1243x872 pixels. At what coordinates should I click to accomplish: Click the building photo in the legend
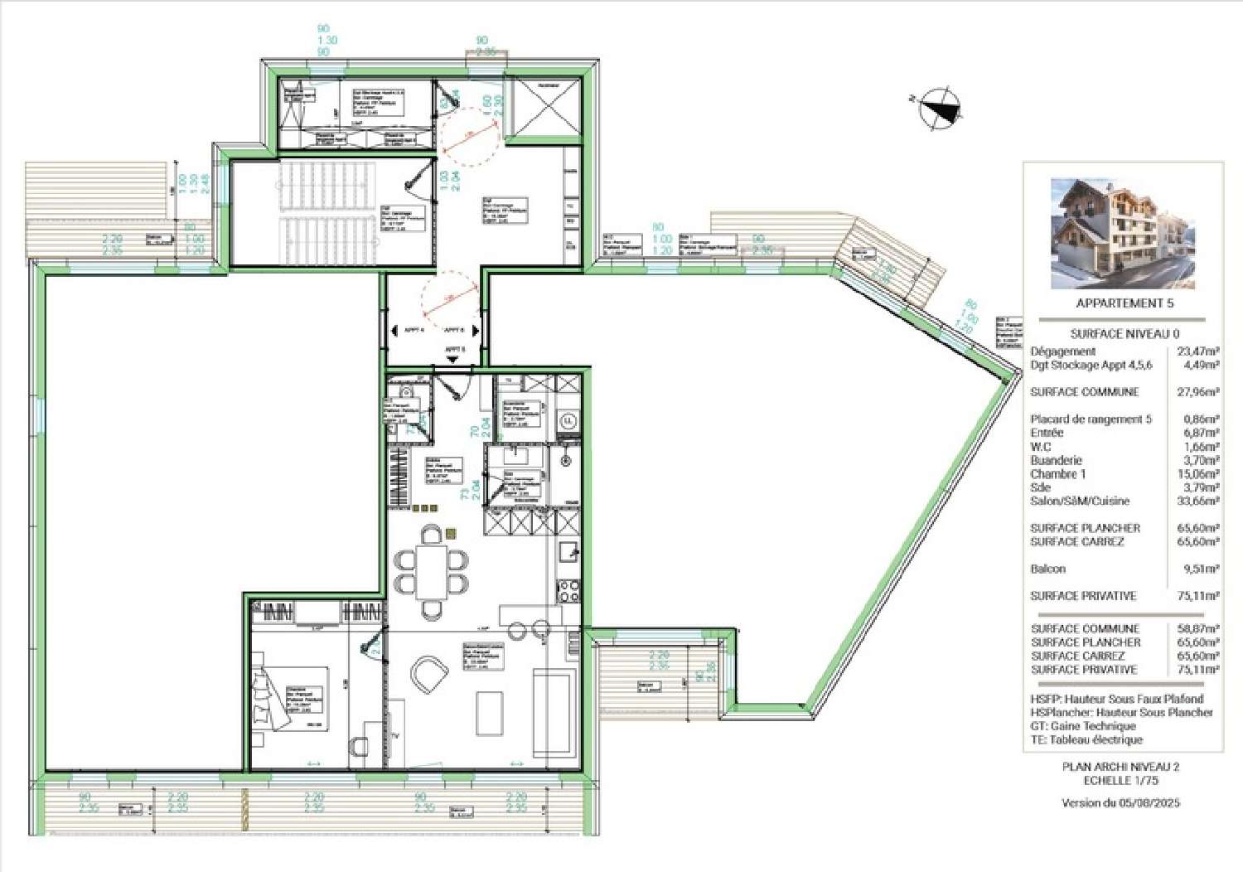pyautogui.click(x=1123, y=233)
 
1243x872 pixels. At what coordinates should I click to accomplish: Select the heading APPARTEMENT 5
pyautogui.click(x=1124, y=303)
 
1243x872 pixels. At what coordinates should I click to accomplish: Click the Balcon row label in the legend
pyautogui.click(x=1047, y=569)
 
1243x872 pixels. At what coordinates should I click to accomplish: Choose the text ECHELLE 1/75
pyautogui.click(x=1120, y=780)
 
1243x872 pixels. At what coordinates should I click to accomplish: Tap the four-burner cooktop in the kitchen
pyautogui.click(x=569, y=590)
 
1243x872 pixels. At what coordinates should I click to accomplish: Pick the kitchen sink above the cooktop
pyautogui.click(x=569, y=551)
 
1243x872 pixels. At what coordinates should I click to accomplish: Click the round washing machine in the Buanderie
pyautogui.click(x=568, y=421)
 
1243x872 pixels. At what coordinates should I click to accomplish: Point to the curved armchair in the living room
pyautogui.click(x=428, y=675)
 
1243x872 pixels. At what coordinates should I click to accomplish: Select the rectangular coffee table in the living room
pyautogui.click(x=490, y=713)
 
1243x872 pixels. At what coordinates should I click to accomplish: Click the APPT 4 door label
pyautogui.click(x=414, y=330)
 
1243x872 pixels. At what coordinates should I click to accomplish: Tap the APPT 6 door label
pyautogui.click(x=454, y=330)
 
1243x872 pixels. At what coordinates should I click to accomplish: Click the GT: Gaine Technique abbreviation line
pyautogui.click(x=1083, y=725)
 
